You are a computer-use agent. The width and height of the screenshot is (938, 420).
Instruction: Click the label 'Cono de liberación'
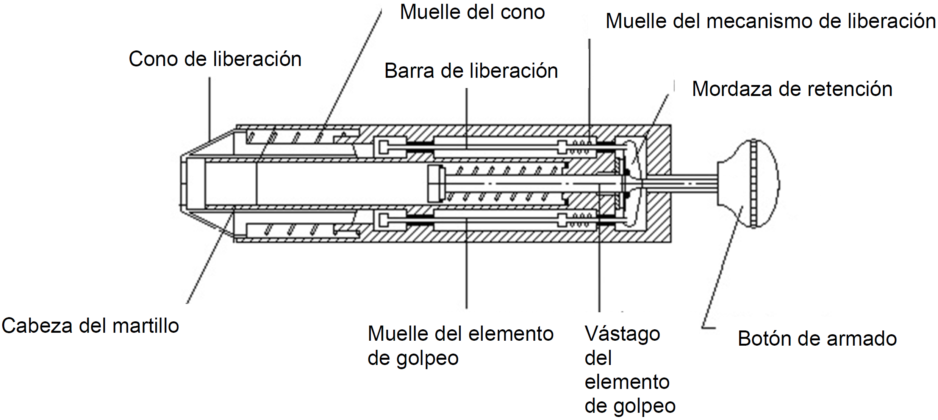tap(215, 59)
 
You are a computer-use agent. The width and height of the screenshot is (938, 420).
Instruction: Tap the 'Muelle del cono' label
tap(472, 12)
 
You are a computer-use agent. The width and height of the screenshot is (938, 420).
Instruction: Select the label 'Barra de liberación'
tap(471, 71)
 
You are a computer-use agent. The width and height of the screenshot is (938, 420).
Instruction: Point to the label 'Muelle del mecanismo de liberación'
tap(771, 21)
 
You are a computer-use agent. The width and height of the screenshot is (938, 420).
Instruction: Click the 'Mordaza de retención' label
tap(792, 89)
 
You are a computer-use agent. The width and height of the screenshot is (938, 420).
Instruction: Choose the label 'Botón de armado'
tap(817, 338)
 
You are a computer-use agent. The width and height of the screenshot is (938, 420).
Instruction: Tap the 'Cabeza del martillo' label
tap(90, 326)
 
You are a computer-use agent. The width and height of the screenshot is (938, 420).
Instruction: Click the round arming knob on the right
tap(748, 184)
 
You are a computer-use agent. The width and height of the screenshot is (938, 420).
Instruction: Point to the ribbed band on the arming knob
tap(754, 184)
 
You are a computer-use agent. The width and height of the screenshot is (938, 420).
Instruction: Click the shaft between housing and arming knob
tap(682, 184)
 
